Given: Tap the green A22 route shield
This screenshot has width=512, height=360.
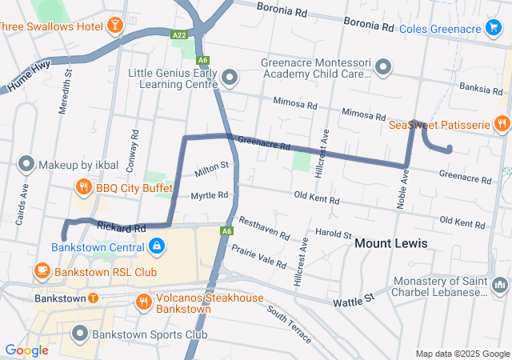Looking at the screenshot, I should [x=179, y=35].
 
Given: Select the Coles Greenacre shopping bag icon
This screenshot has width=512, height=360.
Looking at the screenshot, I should [x=497, y=30].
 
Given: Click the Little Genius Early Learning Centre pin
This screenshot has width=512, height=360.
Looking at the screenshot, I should [x=230, y=78].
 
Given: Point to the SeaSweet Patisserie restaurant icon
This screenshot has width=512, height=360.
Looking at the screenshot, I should [x=502, y=124].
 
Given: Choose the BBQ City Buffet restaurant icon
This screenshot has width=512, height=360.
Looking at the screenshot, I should [x=83, y=188].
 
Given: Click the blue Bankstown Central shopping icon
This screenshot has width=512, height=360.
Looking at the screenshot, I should [x=157, y=246].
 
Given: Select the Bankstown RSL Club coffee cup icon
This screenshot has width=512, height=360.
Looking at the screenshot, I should [x=42, y=271].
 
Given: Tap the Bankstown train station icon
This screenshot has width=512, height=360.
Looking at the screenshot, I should [x=93, y=298].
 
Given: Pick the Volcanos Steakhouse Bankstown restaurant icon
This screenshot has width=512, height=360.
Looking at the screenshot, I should [x=144, y=302].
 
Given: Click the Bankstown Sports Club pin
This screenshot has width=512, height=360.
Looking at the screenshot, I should [x=80, y=334].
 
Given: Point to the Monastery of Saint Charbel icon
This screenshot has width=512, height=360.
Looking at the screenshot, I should [x=500, y=285].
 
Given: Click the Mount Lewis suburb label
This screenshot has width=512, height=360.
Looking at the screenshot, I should [x=390, y=243].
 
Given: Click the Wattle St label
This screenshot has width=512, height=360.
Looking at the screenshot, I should [x=358, y=298].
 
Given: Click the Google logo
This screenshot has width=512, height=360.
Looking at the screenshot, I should [x=26, y=350].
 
